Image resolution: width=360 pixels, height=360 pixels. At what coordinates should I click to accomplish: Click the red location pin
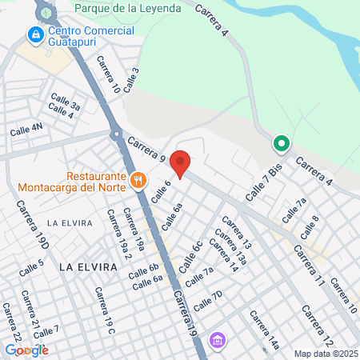pos(181,163)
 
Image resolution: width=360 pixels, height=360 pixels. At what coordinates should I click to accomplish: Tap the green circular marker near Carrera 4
pos(281,144)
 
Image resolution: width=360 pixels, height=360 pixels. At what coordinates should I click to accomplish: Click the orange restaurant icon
pos(138,179)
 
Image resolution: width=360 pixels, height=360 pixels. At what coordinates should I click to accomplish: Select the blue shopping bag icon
pos(34,35)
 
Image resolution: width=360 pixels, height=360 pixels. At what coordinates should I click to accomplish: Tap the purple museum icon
pos(216,342)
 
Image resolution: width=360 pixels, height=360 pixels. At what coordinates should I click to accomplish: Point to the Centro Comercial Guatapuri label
pos(90,36)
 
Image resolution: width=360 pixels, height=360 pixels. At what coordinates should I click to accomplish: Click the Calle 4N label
pos(26,128)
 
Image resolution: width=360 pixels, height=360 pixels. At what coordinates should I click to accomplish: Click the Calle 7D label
pos(207,302)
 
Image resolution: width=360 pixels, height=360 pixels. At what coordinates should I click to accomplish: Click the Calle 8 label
pos(310,223)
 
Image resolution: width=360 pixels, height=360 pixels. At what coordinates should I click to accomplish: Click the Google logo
pos(26,350)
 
